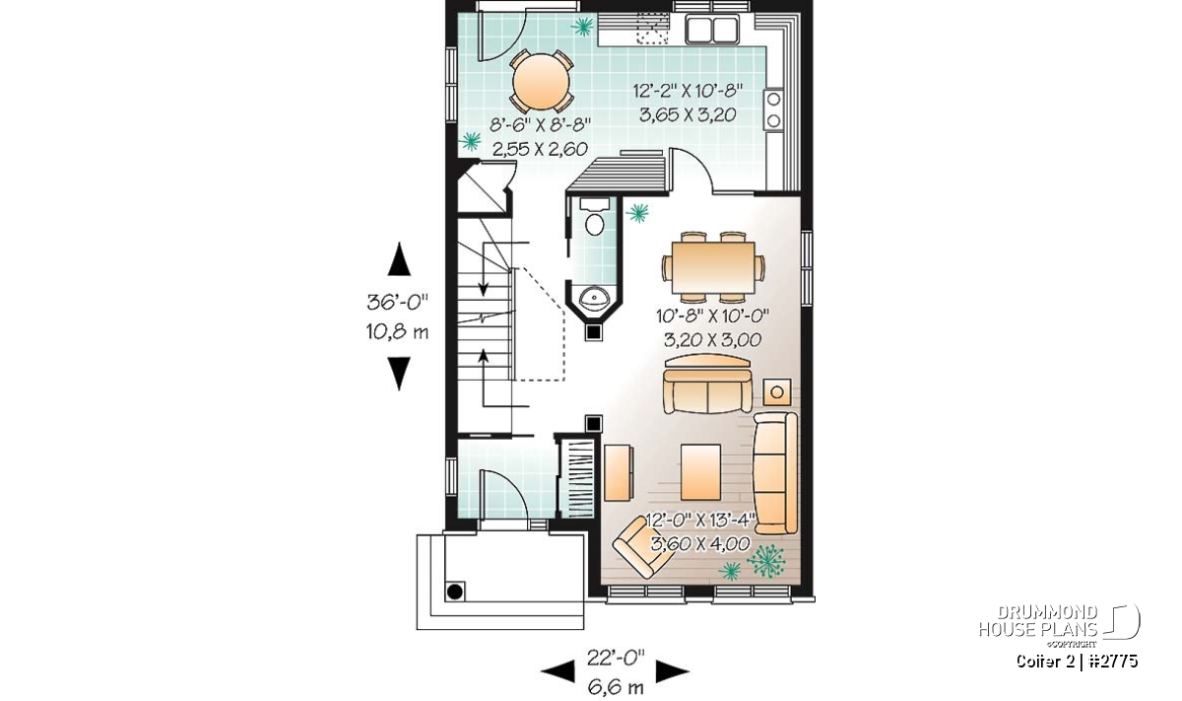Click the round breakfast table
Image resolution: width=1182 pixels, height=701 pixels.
[x=542, y=82]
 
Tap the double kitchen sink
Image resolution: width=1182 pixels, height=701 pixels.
[x=712, y=29]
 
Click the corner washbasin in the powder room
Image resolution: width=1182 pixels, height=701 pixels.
[x=594, y=298]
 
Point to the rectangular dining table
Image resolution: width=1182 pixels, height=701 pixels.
[x=713, y=268]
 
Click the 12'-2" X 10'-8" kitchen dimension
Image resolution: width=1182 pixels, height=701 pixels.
[x=688, y=91]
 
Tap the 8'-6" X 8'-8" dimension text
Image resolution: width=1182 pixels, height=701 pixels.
[x=540, y=125]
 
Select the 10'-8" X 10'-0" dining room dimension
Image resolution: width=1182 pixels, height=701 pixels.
[x=712, y=315]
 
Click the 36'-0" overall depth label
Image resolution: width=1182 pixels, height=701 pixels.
[x=397, y=302]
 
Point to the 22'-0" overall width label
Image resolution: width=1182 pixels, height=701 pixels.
[x=616, y=658]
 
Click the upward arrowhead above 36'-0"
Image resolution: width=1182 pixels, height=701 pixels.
[x=399, y=259]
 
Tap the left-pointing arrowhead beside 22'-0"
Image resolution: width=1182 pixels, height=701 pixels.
[x=558, y=671]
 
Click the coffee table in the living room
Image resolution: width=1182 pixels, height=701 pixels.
[x=700, y=471]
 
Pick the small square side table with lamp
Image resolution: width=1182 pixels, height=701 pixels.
[x=777, y=392]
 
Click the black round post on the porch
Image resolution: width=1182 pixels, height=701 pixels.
[x=455, y=592]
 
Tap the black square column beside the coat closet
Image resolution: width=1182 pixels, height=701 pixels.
[x=594, y=423]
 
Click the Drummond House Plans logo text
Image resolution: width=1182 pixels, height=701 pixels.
[x=1038, y=621]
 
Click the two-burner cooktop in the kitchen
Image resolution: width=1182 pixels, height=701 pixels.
[x=773, y=109]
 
